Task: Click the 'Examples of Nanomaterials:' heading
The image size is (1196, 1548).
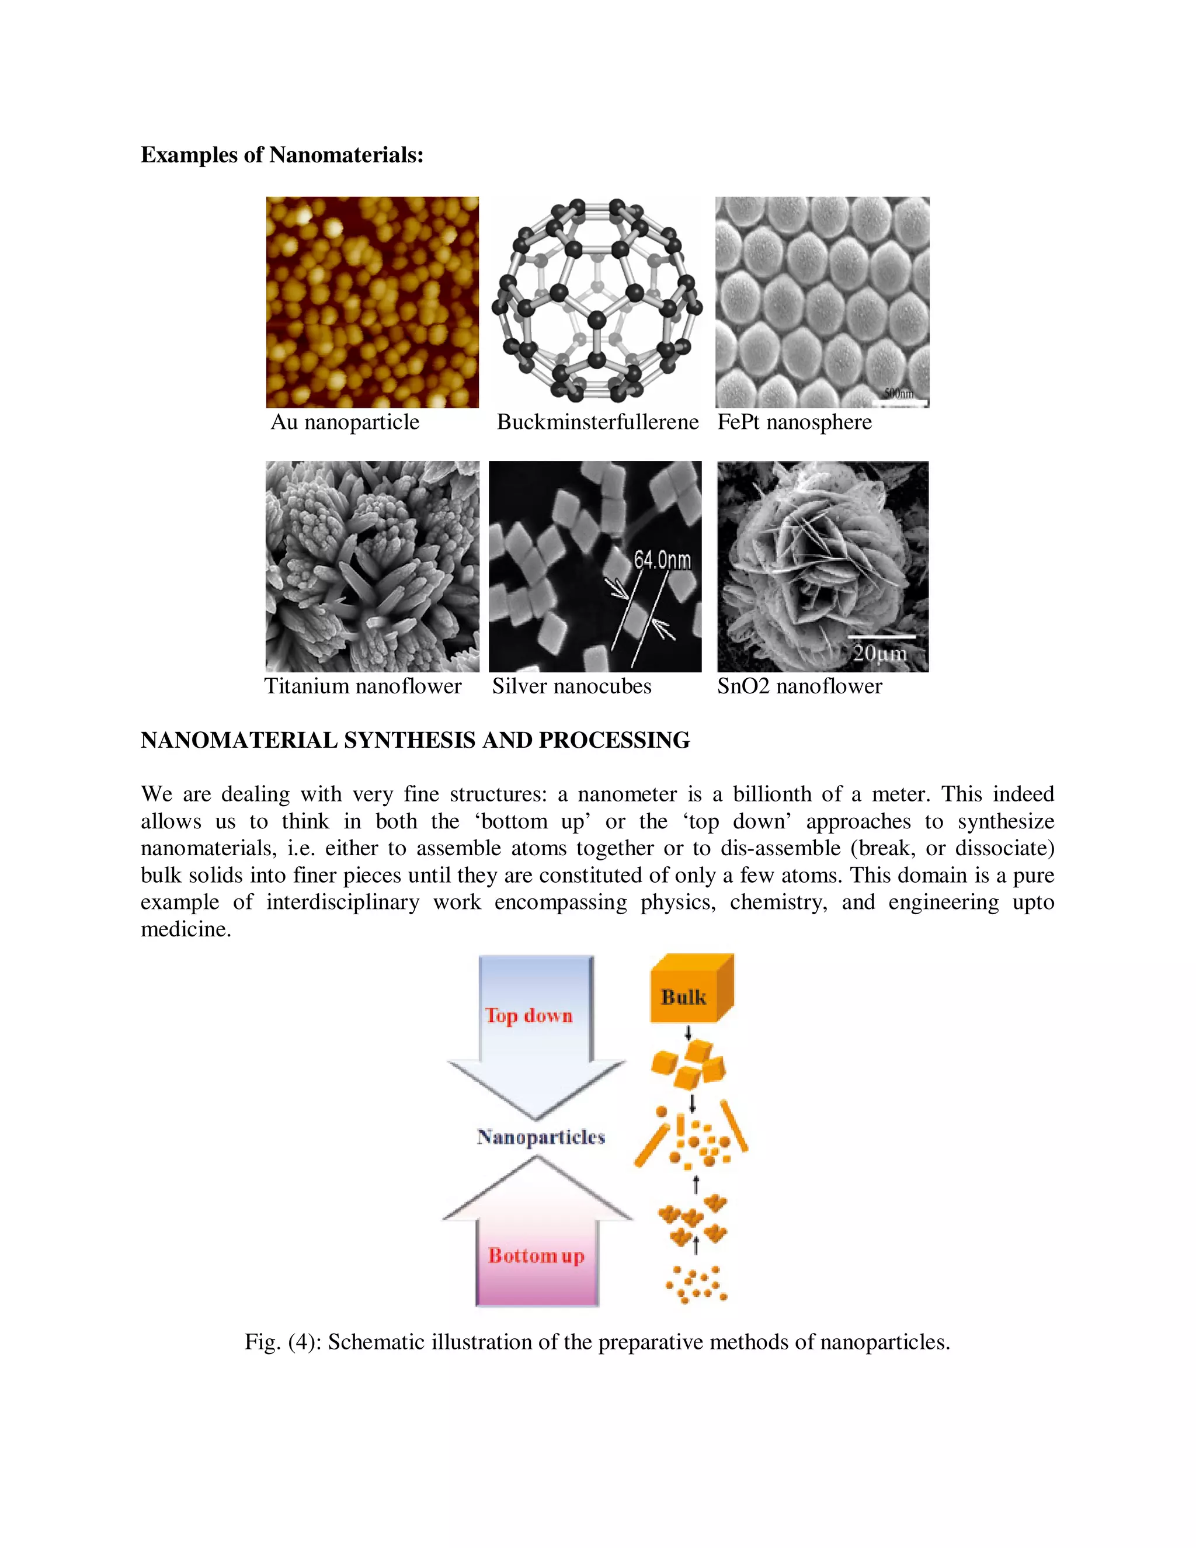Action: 282,155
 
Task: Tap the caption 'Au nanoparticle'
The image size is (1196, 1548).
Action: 345,422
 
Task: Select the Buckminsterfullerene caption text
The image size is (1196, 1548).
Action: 597,422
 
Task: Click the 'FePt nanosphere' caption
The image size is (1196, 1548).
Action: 794,422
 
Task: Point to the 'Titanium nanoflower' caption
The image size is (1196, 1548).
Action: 363,686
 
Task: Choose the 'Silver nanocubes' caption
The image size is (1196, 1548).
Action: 572,686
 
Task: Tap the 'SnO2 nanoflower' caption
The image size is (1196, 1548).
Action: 799,686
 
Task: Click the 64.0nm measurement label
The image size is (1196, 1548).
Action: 662,561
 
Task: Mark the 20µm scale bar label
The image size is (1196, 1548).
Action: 879,653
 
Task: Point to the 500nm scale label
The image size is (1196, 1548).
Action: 898,393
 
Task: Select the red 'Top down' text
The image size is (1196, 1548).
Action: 529,1016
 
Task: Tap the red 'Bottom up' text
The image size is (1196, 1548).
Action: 536,1256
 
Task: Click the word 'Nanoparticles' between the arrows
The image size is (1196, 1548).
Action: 541,1137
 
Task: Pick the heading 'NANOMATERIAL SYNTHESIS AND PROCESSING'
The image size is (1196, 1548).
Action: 415,740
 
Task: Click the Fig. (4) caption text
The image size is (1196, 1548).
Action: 597,1342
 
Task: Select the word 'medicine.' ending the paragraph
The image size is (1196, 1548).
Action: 186,929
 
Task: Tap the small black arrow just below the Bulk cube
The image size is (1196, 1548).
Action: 687,1033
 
